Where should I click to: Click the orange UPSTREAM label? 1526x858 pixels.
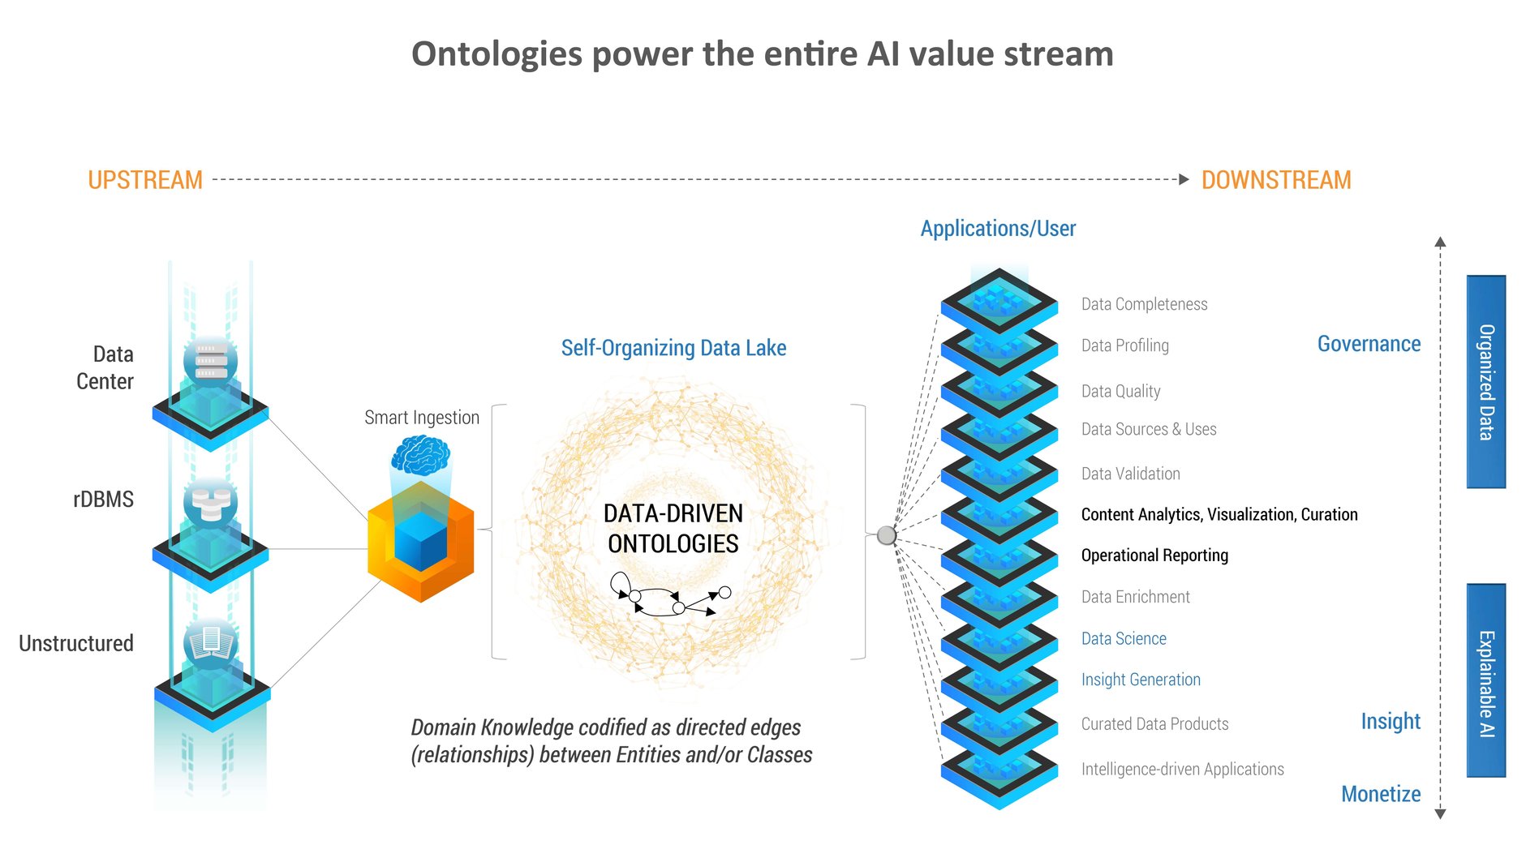coord(145,180)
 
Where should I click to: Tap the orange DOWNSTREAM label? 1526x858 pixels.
coord(1275,180)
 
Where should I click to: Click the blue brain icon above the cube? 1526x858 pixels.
coord(420,455)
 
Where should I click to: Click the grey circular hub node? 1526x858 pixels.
coord(887,535)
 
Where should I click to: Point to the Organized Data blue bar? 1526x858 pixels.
coord(1485,382)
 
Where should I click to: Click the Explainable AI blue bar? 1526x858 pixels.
coord(1485,681)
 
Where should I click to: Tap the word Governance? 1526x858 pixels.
coord(1369,344)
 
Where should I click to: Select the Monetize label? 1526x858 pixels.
coord(1380,794)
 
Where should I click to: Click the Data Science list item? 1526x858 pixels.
coord(1124,639)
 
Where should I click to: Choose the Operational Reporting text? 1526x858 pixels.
coord(1154,556)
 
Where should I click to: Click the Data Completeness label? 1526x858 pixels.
coord(1144,304)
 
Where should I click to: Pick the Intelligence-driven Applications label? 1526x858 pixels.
coord(1182,769)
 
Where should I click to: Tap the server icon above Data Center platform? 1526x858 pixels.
coord(211,361)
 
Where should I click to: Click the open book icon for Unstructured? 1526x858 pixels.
coord(211,644)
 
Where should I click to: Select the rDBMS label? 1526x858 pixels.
coord(103,500)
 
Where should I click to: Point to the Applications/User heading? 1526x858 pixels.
coord(998,229)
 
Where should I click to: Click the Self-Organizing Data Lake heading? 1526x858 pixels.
coord(673,348)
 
